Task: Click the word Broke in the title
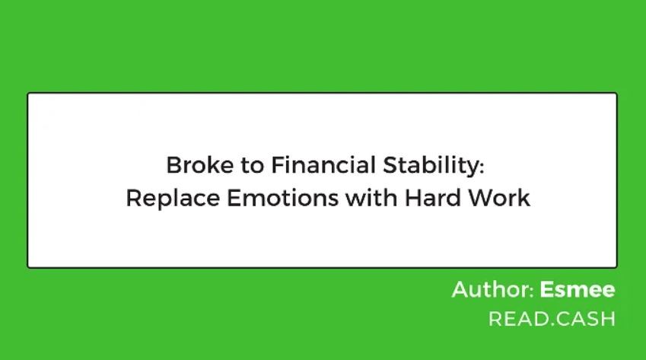200,164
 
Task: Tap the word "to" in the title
252,165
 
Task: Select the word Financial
323,164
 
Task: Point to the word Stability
431,166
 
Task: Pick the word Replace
173,199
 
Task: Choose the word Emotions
283,198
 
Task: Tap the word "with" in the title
371,198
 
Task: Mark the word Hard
433,198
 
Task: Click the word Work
498,198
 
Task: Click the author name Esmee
578,289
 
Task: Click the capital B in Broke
173,165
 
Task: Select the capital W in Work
480,198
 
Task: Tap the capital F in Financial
278,165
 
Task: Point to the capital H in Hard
413,198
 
